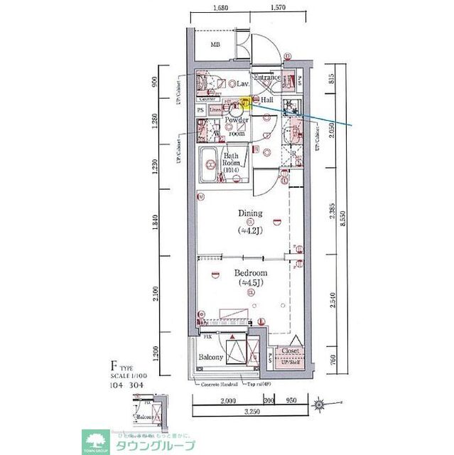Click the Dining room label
point(249,213)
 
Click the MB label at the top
point(214,45)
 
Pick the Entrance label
point(268,77)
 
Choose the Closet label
point(289,351)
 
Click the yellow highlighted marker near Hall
point(244,102)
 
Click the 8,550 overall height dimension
point(342,221)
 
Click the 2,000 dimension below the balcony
point(228,402)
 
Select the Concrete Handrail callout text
point(220,385)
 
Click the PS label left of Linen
point(200,110)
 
